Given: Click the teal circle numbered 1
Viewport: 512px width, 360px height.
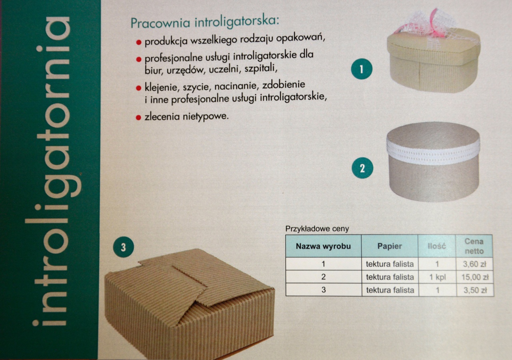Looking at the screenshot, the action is click(x=362, y=69).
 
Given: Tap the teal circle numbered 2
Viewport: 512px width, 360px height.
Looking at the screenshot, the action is click(x=362, y=168).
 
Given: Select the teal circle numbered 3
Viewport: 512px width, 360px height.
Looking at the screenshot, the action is click(x=124, y=247).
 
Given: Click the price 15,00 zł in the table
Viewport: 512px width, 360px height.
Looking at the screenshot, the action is click(x=475, y=277).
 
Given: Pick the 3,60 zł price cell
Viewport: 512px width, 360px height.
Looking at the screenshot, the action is click(x=474, y=264).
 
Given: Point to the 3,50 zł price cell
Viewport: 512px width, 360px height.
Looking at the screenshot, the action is click(x=475, y=290).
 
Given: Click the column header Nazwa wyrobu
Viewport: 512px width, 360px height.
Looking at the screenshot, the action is click(x=323, y=246).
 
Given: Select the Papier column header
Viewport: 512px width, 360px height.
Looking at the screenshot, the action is click(x=390, y=246).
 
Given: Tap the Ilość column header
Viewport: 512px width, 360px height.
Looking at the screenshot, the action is click(x=436, y=246).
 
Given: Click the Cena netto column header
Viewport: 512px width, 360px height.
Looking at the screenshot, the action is click(x=474, y=246).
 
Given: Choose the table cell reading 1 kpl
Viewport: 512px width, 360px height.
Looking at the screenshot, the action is click(x=438, y=277).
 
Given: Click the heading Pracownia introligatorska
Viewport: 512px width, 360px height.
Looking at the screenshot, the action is click(x=205, y=22).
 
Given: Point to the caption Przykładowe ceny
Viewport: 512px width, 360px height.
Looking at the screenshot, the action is click(x=317, y=228).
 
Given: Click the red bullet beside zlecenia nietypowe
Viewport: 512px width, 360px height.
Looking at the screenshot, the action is click(x=138, y=118).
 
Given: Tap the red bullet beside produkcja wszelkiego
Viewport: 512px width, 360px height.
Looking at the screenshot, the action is click(x=138, y=42).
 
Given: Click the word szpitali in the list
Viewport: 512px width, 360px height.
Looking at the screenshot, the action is click(x=261, y=68).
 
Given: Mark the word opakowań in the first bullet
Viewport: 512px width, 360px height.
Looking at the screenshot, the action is click(x=300, y=38).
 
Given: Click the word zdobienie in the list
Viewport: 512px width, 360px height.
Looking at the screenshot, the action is click(x=284, y=85).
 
